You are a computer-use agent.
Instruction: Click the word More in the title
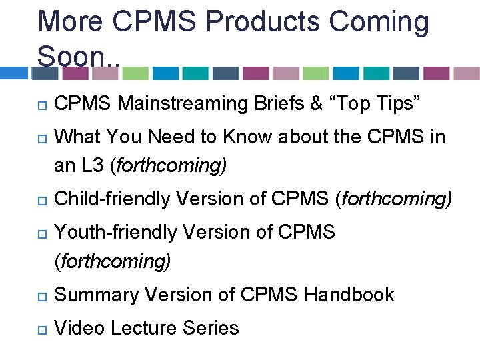pyautogui.click(x=73, y=22)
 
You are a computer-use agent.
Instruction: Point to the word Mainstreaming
pyautogui.click(x=183, y=104)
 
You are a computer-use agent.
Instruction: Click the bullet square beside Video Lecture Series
pyautogui.click(x=41, y=329)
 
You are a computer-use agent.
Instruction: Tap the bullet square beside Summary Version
pyautogui.click(x=41, y=295)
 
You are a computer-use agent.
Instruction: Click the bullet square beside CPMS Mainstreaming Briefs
pyautogui.click(x=41, y=105)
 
